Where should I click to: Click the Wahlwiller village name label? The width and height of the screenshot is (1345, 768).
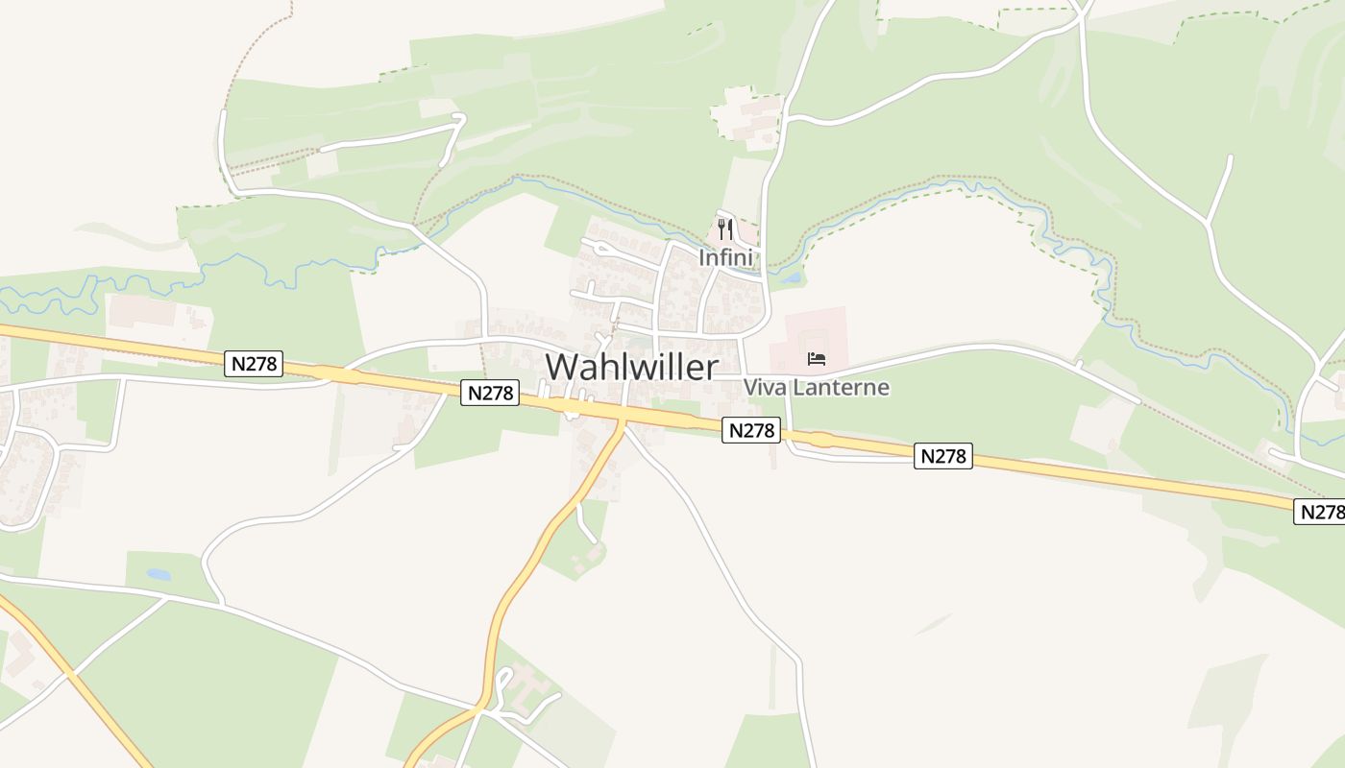(631, 367)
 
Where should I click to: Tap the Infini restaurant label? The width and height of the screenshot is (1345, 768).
(725, 257)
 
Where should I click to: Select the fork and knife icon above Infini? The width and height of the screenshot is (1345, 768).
(725, 229)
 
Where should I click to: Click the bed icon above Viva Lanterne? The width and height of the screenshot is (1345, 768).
(817, 359)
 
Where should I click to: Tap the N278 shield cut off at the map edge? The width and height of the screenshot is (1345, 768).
(1322, 512)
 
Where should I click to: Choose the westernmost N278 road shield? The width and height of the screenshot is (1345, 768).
(255, 363)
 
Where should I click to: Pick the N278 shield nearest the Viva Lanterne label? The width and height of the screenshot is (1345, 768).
(751, 430)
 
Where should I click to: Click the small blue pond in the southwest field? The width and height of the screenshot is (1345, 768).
(159, 575)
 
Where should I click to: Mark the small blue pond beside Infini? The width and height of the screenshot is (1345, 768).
(791, 279)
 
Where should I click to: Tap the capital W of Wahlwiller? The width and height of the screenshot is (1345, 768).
(564, 367)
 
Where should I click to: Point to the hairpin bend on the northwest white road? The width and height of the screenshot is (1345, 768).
(459, 120)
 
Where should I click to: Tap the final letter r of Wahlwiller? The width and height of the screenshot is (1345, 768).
(712, 367)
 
